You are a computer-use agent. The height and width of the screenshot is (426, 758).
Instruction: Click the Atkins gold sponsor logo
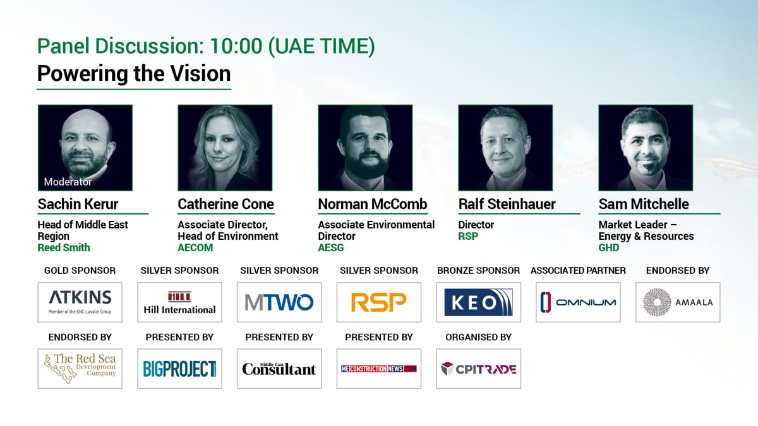80,302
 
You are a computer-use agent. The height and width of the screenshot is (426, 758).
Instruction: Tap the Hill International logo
179,302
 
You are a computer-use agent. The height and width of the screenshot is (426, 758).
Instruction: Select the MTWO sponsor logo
279,302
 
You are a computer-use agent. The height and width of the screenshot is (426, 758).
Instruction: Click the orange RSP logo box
379,302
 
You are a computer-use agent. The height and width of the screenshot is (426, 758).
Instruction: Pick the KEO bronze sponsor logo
479,302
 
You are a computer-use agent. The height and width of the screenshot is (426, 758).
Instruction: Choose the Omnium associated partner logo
579,302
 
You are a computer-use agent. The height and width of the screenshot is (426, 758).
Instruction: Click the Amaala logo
678,302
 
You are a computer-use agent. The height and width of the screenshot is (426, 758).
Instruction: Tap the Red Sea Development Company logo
80,369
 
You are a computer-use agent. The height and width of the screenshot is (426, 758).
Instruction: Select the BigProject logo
179,369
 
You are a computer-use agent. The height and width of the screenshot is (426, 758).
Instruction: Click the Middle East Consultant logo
279,369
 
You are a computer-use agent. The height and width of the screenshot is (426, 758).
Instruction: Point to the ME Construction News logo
379,369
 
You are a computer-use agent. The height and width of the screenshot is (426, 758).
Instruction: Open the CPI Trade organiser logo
479,369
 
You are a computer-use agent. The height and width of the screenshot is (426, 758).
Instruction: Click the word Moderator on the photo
68,182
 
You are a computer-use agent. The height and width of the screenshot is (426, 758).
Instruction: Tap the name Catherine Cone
226,204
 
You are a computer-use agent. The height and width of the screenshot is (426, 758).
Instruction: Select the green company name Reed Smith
64,247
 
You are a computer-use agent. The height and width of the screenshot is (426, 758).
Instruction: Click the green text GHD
609,247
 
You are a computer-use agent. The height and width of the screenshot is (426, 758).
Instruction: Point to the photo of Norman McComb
365,148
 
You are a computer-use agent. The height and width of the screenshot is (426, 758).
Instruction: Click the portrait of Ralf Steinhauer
505,148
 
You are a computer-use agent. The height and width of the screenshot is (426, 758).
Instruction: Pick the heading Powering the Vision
134,74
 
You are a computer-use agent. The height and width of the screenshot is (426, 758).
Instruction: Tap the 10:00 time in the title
236,46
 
